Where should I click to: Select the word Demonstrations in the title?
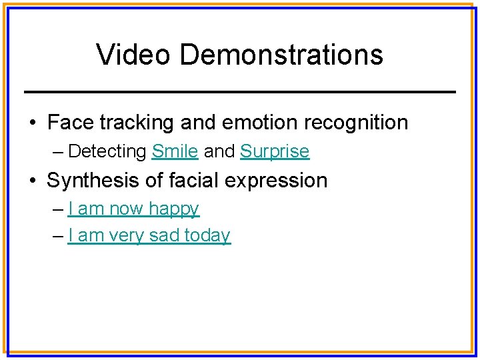coord(281,55)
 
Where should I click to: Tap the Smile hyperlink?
coord(175,151)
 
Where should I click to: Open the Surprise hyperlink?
coord(275,151)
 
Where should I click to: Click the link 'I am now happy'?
coord(133,209)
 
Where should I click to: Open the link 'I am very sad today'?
coord(149,235)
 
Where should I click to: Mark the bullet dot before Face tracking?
coord(33,123)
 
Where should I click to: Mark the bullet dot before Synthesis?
coord(33,181)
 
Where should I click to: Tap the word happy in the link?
coord(174,209)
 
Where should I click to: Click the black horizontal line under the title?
coord(239,91)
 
